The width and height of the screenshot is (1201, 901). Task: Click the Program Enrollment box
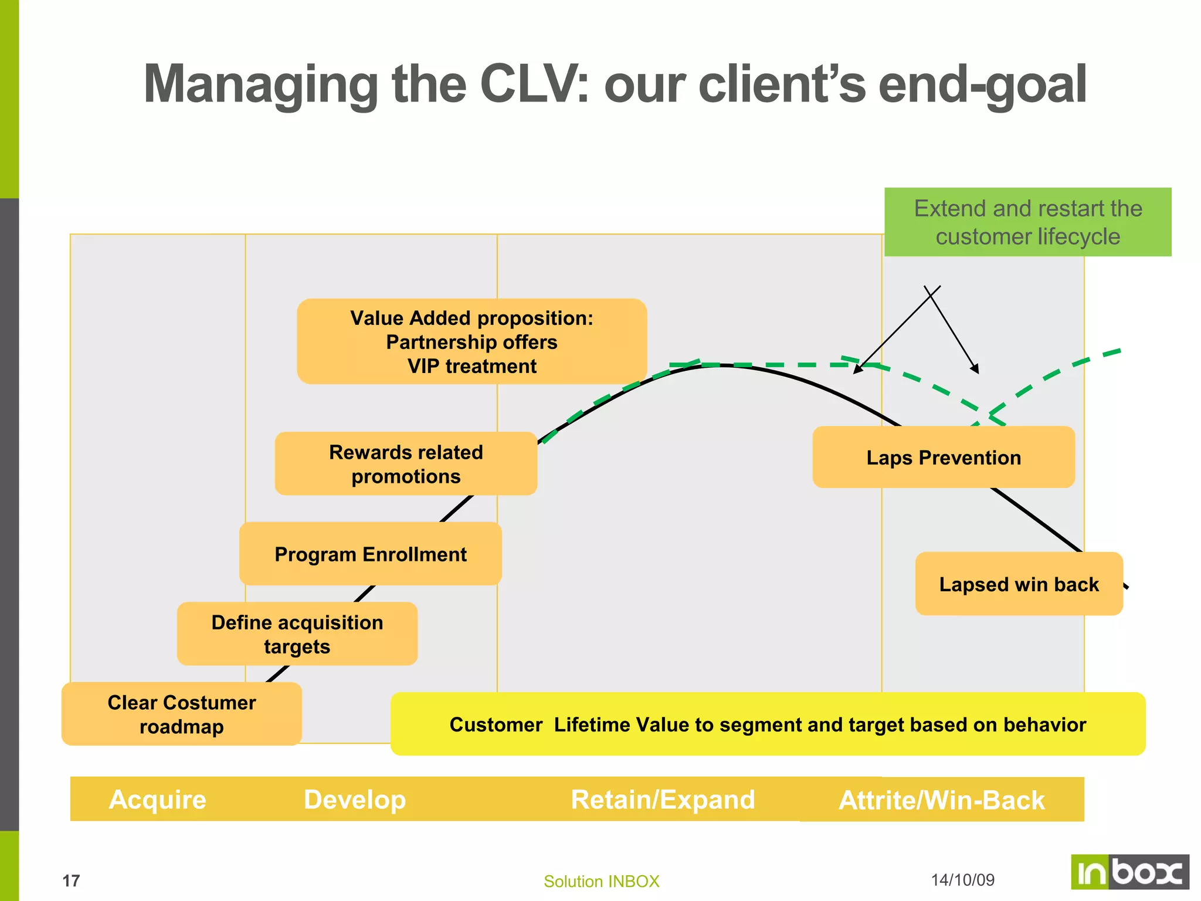pyautogui.click(x=371, y=554)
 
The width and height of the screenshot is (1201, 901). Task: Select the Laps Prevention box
pyautogui.click(x=944, y=458)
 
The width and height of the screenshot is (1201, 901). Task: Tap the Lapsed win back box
pyautogui.click(x=1019, y=584)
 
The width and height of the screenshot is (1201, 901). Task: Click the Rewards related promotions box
pyautogui.click(x=406, y=464)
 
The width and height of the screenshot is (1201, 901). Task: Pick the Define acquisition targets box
pyautogui.click(x=297, y=634)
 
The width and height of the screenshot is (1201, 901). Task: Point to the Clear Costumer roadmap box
pyautogui.click(x=182, y=714)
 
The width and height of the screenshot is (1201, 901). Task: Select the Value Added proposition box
pyautogui.click(x=471, y=341)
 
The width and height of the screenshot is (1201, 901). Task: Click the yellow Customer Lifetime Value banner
pyautogui.click(x=768, y=724)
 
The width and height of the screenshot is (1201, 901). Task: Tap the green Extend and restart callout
pyautogui.click(x=1027, y=222)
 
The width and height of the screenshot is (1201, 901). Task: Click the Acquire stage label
pyautogui.click(x=158, y=800)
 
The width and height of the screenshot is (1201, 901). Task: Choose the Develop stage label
pyautogui.click(x=355, y=800)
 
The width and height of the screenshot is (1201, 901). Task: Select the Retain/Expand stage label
pyautogui.click(x=663, y=800)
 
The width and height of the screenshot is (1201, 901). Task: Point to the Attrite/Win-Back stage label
pyautogui.click(x=942, y=800)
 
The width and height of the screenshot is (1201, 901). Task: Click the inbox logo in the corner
pyautogui.click(x=1129, y=872)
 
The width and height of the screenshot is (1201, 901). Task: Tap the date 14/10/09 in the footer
pyautogui.click(x=963, y=880)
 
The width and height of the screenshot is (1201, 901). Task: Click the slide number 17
pyautogui.click(x=71, y=881)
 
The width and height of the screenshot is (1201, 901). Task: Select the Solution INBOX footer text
pyautogui.click(x=601, y=881)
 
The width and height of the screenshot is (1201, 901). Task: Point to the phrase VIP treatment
pyautogui.click(x=471, y=366)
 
